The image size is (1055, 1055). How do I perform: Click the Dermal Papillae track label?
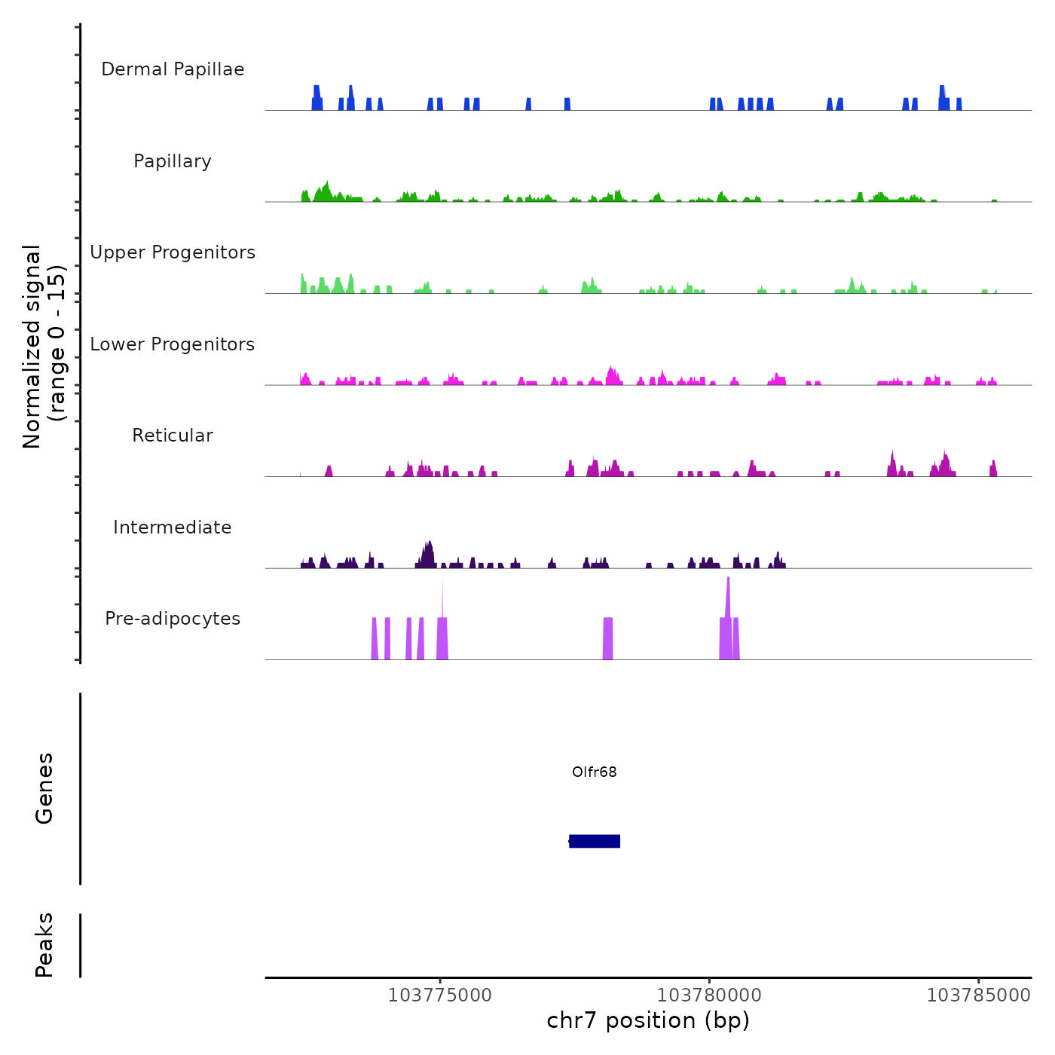click(x=173, y=69)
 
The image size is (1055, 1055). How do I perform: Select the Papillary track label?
click(x=173, y=161)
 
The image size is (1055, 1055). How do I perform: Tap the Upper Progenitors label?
click(x=173, y=252)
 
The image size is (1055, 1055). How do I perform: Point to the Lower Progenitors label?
click(x=173, y=344)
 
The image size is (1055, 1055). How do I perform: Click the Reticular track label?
click(x=173, y=436)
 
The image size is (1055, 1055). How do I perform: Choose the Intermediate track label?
click(x=173, y=527)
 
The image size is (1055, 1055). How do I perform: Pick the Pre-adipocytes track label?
click(x=173, y=619)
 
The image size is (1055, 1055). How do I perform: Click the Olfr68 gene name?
click(x=594, y=772)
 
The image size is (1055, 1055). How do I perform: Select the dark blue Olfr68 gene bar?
click(x=595, y=841)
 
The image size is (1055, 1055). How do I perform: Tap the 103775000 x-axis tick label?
click(x=439, y=995)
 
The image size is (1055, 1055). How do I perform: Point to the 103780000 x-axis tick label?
click(x=709, y=995)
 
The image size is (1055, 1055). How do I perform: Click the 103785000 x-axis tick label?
click(x=978, y=995)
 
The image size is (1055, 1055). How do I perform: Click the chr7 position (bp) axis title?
click(x=648, y=1020)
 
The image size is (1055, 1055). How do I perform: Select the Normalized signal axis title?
click(x=44, y=347)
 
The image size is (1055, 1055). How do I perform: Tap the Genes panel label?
click(x=44, y=788)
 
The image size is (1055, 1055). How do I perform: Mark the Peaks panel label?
click(x=44, y=945)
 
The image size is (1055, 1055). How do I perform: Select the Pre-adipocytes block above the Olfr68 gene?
click(x=608, y=638)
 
